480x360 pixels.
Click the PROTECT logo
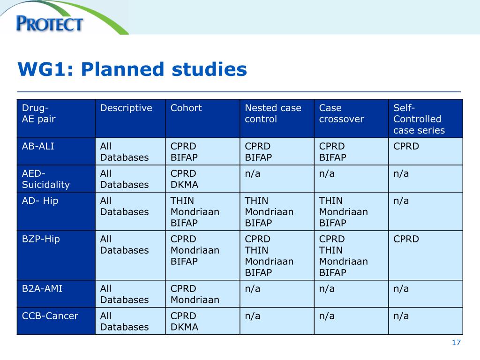(49, 23)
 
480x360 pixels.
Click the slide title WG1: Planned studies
(132, 69)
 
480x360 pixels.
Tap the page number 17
(456, 343)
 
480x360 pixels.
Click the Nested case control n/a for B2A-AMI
(252, 289)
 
